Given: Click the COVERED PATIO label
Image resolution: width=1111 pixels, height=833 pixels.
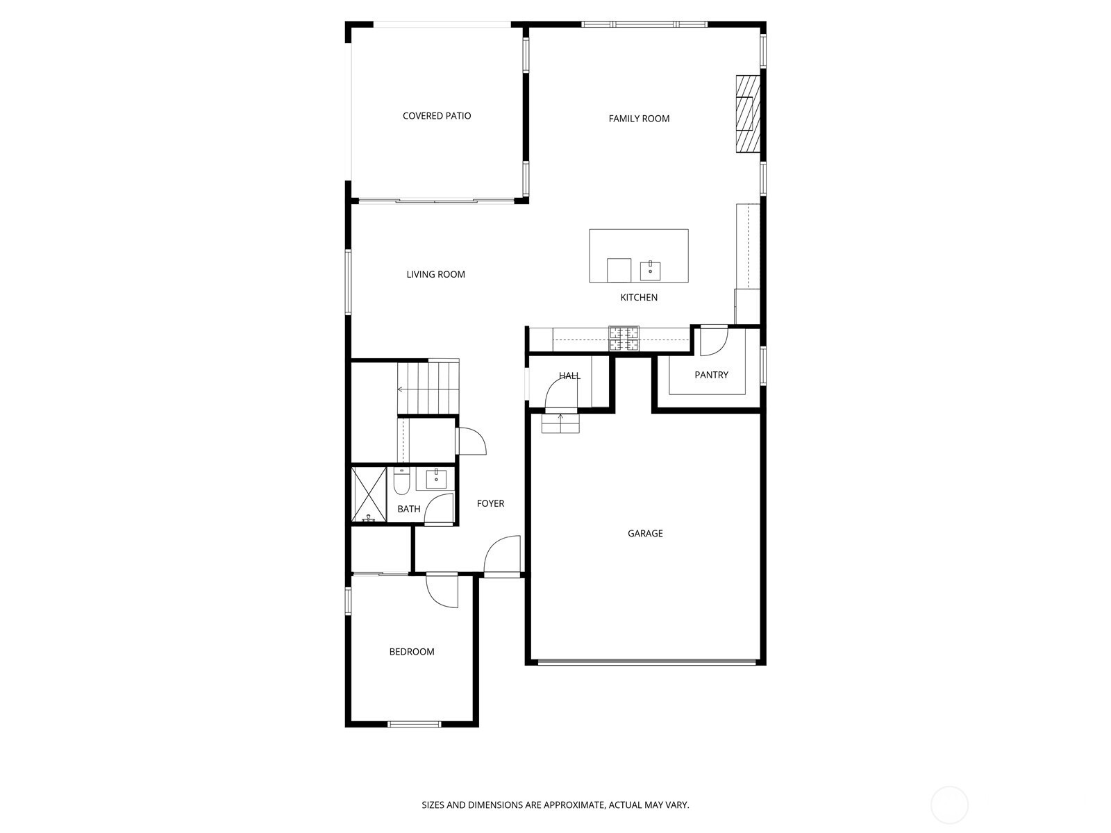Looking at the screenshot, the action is pyautogui.click(x=436, y=116).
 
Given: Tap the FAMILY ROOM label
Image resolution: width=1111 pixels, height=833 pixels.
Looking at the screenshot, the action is pyautogui.click(x=639, y=119).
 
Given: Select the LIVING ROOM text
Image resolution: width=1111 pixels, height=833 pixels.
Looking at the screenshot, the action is pyautogui.click(x=435, y=275).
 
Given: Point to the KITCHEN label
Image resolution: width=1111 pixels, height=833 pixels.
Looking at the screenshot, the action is pyautogui.click(x=639, y=297).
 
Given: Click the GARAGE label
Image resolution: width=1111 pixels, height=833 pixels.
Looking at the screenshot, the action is pyautogui.click(x=645, y=533).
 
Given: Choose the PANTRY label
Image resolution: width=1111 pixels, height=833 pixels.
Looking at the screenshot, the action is pyautogui.click(x=711, y=375).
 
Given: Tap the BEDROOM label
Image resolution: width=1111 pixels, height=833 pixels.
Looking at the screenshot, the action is pyautogui.click(x=412, y=652).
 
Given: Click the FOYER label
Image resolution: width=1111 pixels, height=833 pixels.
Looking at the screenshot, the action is pyautogui.click(x=490, y=503).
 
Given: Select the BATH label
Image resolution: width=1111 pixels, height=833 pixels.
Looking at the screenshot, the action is pyautogui.click(x=408, y=509).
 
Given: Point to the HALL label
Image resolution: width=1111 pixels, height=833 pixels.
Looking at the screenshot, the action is pyautogui.click(x=569, y=376).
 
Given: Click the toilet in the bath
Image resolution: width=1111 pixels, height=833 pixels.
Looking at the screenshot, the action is pyautogui.click(x=401, y=482).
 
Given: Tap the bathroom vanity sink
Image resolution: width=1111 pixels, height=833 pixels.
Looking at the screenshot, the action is pyautogui.click(x=436, y=478).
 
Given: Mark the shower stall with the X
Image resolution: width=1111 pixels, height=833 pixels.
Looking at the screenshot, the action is pyautogui.click(x=369, y=494).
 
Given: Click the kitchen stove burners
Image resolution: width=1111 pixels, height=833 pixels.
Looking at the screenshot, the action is pyautogui.click(x=624, y=338).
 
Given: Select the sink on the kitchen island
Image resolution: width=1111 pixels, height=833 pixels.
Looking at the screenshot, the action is pyautogui.click(x=650, y=271).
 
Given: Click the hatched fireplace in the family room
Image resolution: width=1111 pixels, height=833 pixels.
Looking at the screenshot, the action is pyautogui.click(x=748, y=114).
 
